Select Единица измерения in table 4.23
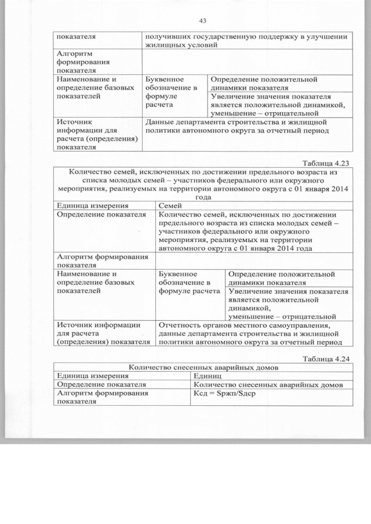click(88, 206)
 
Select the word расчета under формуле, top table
click(159, 105)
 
